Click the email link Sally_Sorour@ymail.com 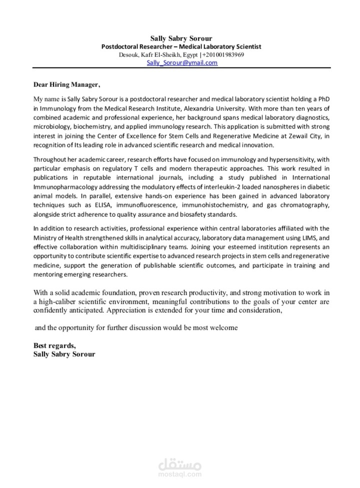tap(181, 63)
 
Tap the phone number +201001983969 tap(223, 55)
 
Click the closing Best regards tap(54, 345)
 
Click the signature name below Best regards tap(63, 354)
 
